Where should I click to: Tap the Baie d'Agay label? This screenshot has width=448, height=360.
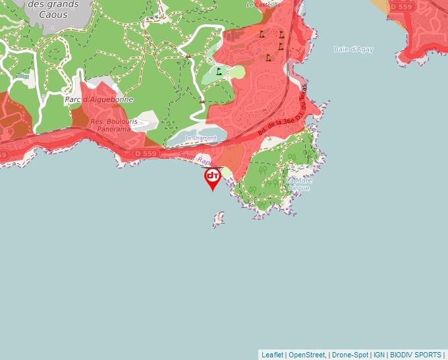tap(354, 49)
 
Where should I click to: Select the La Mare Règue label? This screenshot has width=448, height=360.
tap(298, 184)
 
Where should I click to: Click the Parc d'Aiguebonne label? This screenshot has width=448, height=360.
tap(99, 99)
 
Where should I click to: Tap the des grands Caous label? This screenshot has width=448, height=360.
tap(53, 9)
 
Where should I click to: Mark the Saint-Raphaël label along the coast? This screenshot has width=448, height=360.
tap(198, 159)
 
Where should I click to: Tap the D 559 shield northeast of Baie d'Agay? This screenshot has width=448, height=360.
tap(401, 7)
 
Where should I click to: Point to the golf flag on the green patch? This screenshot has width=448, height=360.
tap(218, 70)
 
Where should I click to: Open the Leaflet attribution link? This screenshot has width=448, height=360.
tap(272, 355)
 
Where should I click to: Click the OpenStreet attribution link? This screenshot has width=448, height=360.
tap(306, 355)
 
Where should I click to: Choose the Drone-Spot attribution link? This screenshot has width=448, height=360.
tap(349, 355)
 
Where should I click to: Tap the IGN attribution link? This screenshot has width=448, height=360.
tap(379, 355)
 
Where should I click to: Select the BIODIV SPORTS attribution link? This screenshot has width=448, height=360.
tap(416, 355)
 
